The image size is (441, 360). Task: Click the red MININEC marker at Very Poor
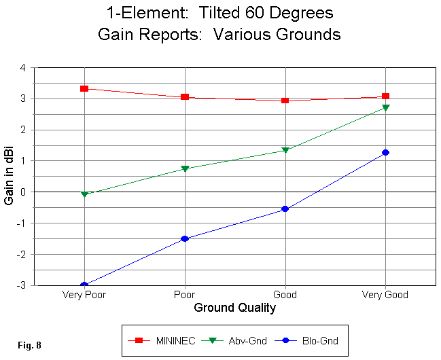pyautogui.click(x=84, y=89)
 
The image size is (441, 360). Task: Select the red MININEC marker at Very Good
pyautogui.click(x=385, y=96)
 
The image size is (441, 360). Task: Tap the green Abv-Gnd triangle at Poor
pyautogui.click(x=185, y=168)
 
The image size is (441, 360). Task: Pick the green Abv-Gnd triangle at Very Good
pyautogui.click(x=385, y=108)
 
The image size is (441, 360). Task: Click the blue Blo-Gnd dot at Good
pyautogui.click(x=285, y=209)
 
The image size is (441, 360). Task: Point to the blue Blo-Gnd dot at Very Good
pyautogui.click(x=385, y=152)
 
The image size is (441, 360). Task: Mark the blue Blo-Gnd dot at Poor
pyautogui.click(x=185, y=238)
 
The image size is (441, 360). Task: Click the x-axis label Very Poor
pyautogui.click(x=84, y=295)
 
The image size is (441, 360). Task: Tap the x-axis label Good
pyautogui.click(x=285, y=295)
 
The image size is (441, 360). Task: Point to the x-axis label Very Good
pyautogui.click(x=385, y=295)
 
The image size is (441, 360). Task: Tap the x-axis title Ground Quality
pyautogui.click(x=235, y=308)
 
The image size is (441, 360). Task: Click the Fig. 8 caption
pyautogui.click(x=29, y=346)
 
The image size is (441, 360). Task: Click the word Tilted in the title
pyautogui.click(x=210, y=12)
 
